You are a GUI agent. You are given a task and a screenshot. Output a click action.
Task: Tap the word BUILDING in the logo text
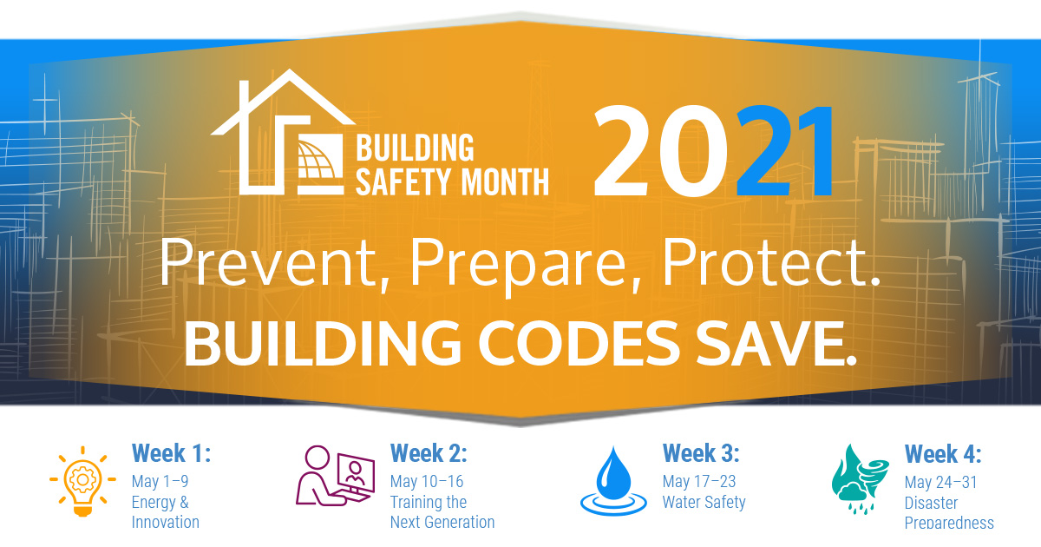415,148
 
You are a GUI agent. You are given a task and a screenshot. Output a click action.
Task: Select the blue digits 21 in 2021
784,151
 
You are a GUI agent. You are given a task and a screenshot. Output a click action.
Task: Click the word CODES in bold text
579,343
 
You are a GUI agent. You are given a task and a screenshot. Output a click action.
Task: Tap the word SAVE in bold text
776,343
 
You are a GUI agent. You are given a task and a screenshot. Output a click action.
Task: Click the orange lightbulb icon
82,481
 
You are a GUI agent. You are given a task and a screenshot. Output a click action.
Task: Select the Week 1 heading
172,452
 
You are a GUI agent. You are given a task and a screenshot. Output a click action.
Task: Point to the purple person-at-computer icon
335,476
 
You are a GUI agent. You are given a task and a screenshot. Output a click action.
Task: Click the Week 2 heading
429,452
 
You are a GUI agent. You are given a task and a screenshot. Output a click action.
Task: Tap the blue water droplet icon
613,481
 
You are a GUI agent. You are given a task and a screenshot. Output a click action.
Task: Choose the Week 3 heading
701,452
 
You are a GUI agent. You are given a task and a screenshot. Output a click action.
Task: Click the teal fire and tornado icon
861,479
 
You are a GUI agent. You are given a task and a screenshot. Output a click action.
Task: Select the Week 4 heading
943,453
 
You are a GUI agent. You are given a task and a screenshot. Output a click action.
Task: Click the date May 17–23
699,481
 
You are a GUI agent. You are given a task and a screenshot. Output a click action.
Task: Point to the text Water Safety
704,503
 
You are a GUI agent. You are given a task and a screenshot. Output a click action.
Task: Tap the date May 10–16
427,481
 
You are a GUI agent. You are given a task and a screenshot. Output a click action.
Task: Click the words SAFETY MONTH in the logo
452,181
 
